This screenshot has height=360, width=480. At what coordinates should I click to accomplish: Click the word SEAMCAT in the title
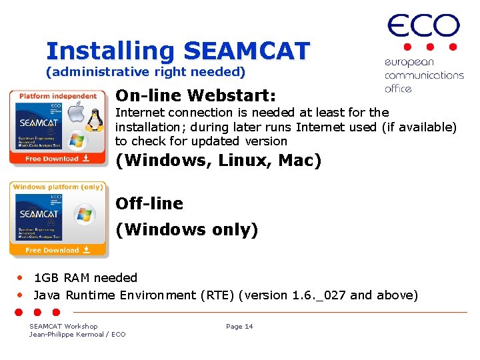coord(247,51)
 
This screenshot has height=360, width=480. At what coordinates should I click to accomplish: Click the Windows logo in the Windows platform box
coord(84,214)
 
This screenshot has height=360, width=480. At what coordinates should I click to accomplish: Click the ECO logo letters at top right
coord(423,26)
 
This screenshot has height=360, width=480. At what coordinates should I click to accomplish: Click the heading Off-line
coord(149,203)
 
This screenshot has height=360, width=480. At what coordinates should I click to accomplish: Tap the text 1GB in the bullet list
coord(46,278)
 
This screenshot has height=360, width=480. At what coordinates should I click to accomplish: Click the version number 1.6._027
coord(319,295)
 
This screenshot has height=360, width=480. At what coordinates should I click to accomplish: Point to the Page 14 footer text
coord(239,326)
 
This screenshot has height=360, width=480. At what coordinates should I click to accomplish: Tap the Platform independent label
coord(57,96)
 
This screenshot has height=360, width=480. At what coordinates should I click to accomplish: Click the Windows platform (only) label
coord(57,187)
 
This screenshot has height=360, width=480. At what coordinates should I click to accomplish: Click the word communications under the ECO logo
coord(424,75)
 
